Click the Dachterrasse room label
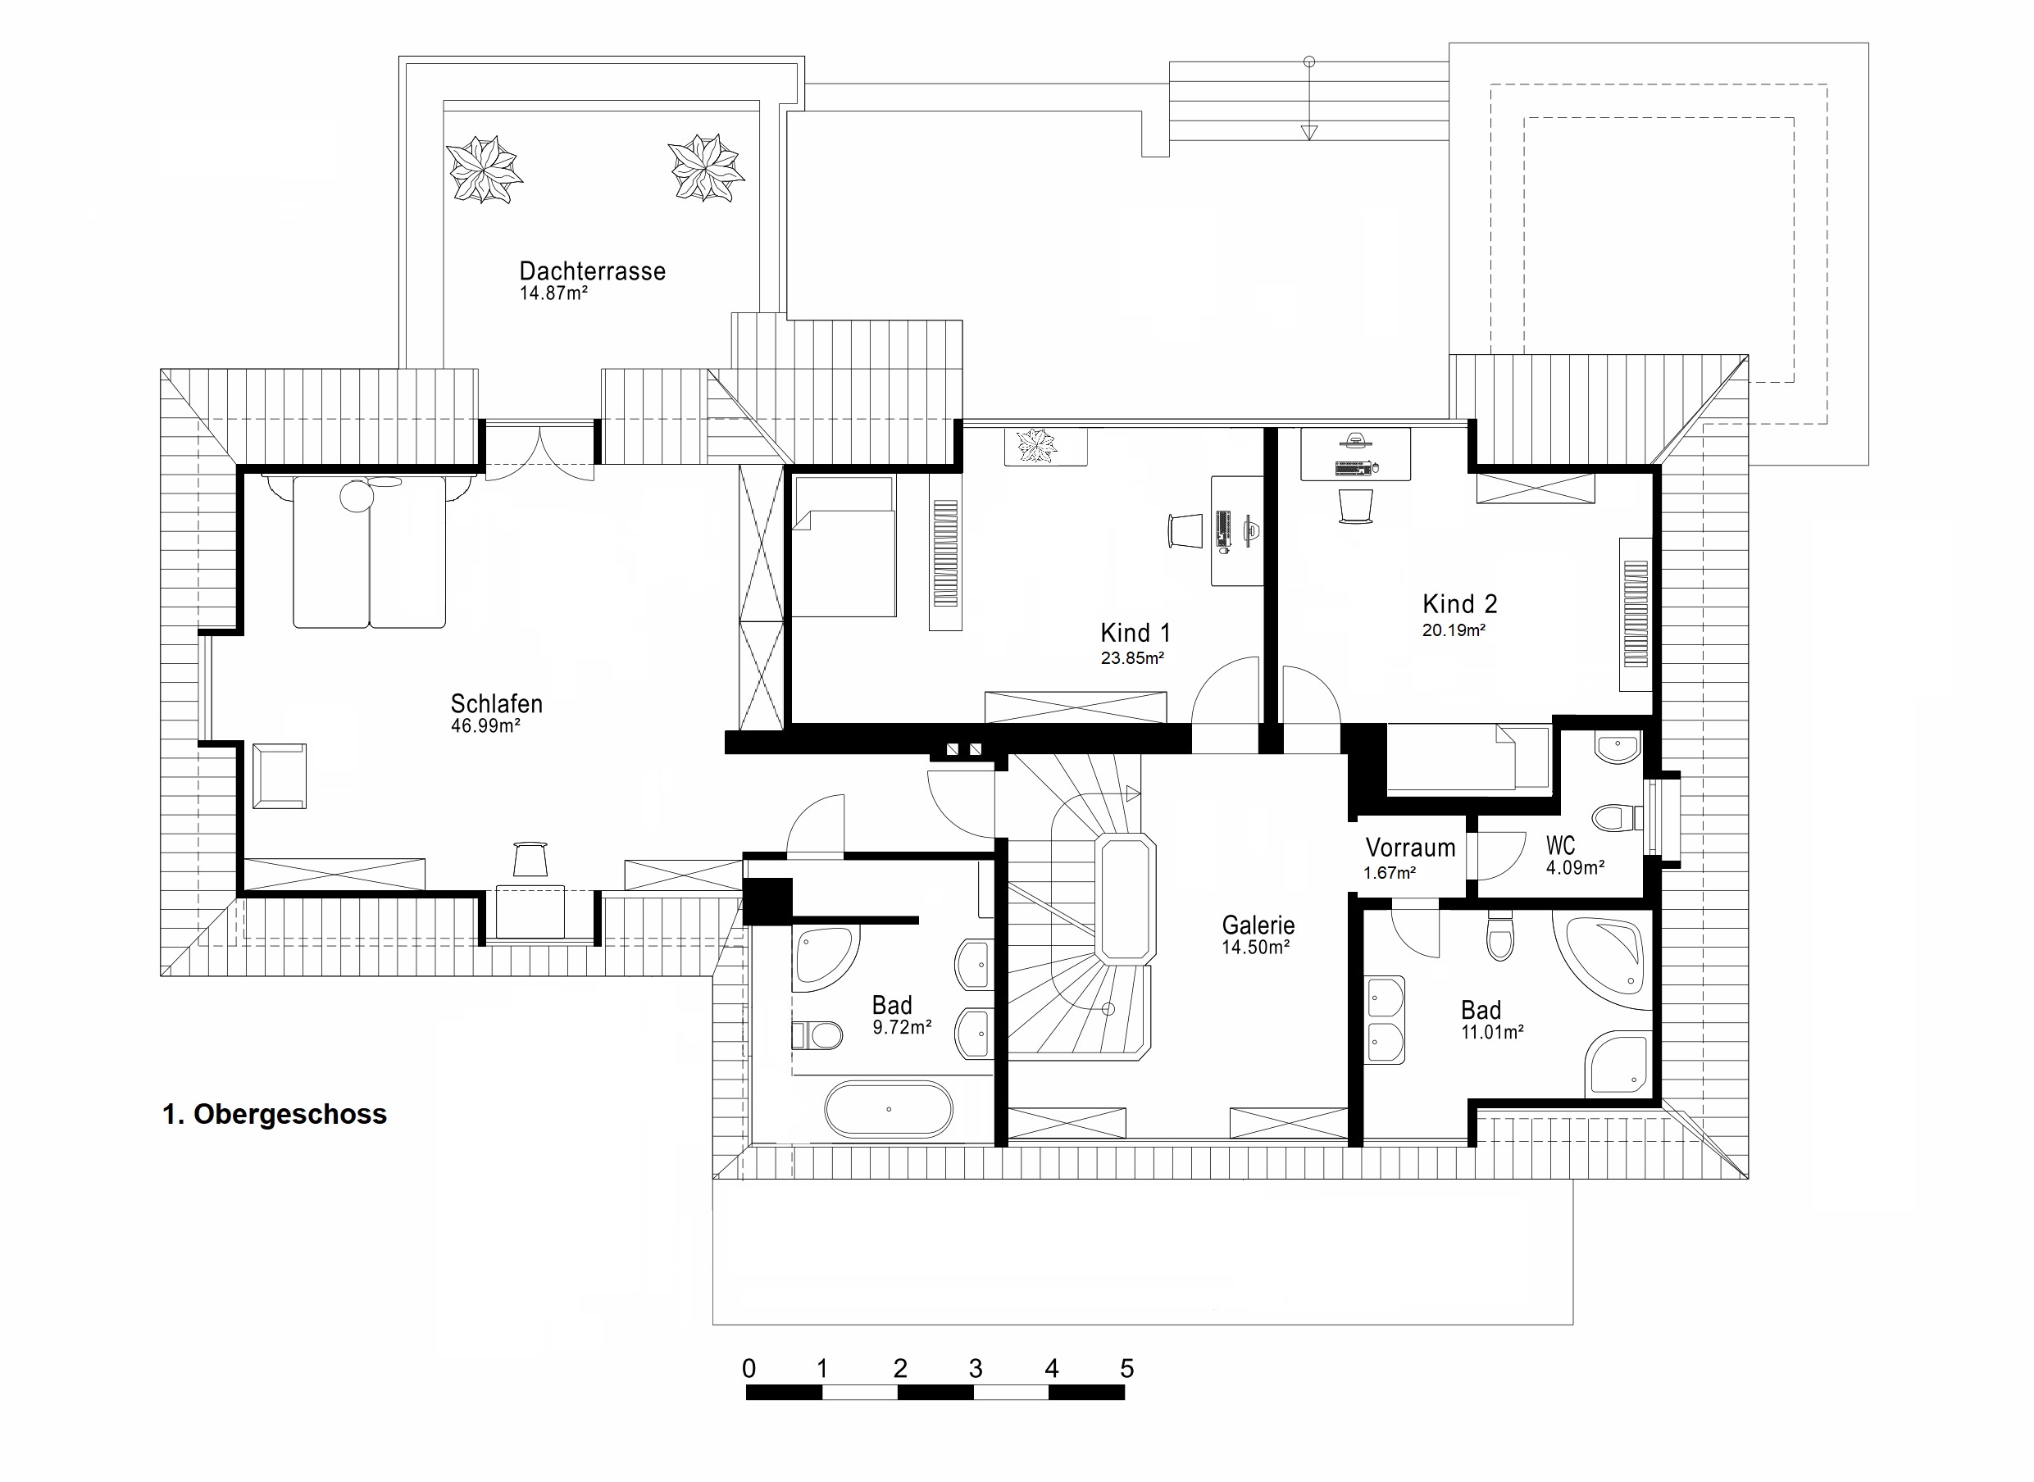592,271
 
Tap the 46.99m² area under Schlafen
485,725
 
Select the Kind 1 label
1135,633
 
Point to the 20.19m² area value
1454,630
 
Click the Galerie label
1258,925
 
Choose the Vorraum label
1409,848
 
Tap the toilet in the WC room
1616,817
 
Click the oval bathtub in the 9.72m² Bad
888,1110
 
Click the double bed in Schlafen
370,550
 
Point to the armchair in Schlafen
279,776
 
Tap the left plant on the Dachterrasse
484,169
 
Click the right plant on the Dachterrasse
706,168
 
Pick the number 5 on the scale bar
1127,1368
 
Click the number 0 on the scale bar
749,1368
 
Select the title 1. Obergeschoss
275,1114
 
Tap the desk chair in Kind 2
1355,506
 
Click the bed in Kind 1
844,547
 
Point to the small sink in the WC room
1618,747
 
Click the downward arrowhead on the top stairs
1309,133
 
